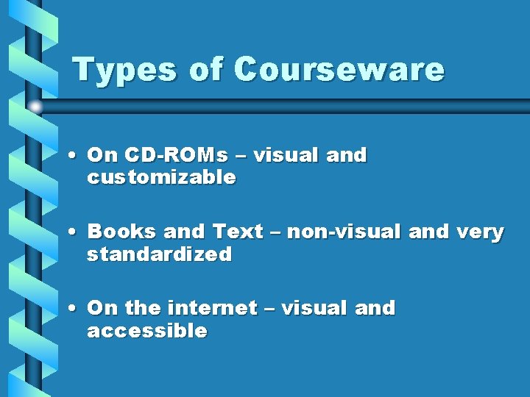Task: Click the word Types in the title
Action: pos(125,70)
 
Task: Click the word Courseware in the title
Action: pos(339,70)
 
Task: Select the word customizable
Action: pos(161,178)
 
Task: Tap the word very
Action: pos(481,232)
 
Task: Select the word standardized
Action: pos(159,255)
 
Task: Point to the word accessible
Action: pos(147,332)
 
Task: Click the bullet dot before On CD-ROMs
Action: pos(75,156)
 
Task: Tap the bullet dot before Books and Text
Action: pos(75,232)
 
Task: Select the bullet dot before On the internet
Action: pos(75,309)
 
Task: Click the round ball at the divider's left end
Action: pos(35,107)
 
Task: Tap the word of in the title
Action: pos(207,70)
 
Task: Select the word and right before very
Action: pos(428,232)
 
